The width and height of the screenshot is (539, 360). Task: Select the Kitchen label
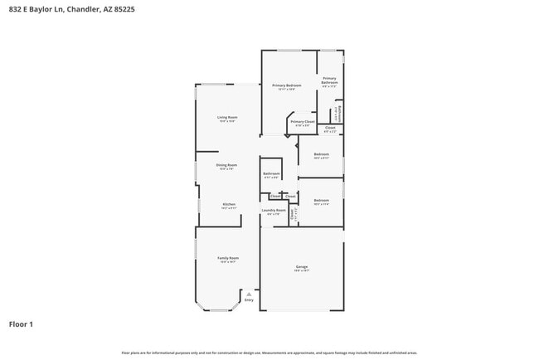(229, 204)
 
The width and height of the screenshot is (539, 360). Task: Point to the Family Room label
(228, 259)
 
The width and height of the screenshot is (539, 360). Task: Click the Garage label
(302, 267)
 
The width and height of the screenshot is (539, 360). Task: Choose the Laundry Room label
(274, 211)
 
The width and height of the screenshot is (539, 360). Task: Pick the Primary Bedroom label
(288, 85)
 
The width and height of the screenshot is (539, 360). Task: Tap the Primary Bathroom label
(329, 80)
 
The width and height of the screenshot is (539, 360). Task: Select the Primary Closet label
(302, 122)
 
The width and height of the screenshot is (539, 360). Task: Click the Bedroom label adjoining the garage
(321, 201)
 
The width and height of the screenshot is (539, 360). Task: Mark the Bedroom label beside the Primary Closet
(321, 154)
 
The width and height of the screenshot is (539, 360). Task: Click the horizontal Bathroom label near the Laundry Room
(271, 173)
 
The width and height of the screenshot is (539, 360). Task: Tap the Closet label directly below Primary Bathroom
(329, 129)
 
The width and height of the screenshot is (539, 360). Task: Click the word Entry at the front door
(249, 299)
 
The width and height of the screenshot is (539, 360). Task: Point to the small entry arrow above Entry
(249, 293)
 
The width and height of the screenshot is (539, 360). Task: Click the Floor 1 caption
(22, 324)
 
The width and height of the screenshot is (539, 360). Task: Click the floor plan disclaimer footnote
(269, 353)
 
